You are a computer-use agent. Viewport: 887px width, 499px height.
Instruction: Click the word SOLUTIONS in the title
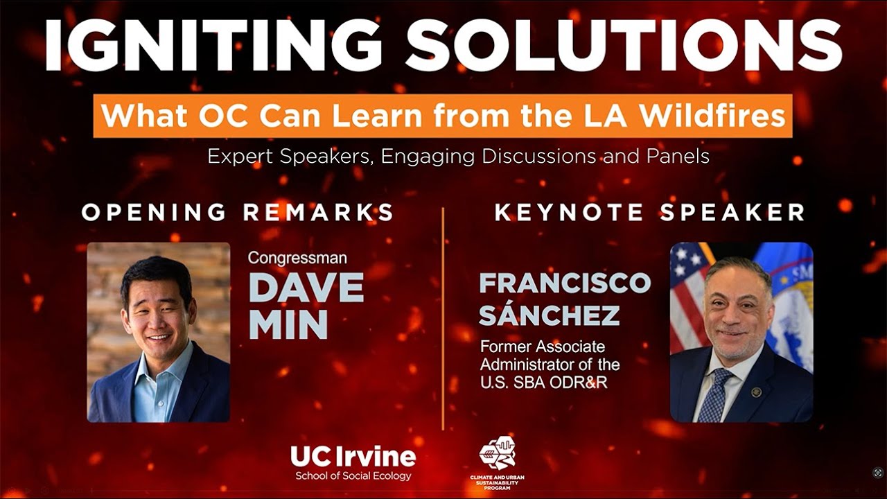coord(624,45)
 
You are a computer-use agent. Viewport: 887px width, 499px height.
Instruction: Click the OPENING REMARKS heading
coord(238,212)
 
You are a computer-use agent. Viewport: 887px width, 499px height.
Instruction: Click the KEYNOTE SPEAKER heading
coord(649,212)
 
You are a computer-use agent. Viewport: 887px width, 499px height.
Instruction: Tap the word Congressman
coord(298,259)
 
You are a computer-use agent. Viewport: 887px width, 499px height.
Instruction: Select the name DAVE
coord(306,287)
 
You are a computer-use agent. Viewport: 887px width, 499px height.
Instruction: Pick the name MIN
coord(288,324)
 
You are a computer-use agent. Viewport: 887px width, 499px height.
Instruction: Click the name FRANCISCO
coord(565,283)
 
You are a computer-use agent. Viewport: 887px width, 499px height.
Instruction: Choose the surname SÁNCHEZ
coord(549,315)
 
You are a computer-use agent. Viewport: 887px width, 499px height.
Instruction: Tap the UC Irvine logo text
coord(353,457)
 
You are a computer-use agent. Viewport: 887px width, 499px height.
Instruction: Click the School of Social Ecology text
coord(353,476)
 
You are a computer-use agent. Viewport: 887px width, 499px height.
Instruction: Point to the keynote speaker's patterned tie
coord(714,395)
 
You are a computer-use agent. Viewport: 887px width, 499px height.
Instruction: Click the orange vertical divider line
coord(443,319)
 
